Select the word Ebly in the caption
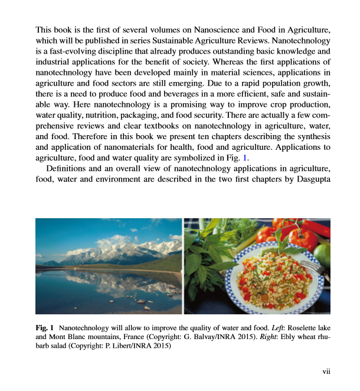click(x=269, y=336)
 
